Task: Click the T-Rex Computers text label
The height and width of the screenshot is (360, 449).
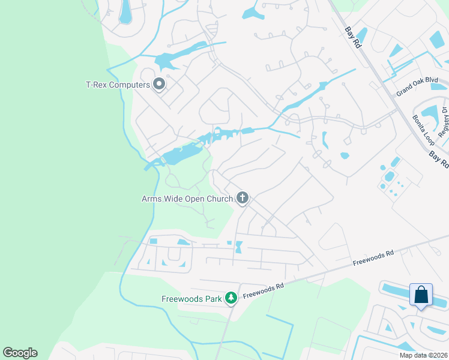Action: click(x=118, y=85)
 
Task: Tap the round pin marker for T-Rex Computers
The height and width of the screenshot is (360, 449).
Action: click(x=159, y=84)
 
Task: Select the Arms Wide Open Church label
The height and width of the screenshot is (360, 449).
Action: click(x=188, y=198)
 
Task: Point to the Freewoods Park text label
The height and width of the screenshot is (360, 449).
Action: click(x=191, y=298)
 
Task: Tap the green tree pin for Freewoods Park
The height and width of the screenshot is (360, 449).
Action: click(x=231, y=297)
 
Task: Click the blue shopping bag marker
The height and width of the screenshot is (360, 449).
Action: click(x=421, y=295)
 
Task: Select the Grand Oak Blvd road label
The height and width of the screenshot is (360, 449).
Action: click(x=417, y=87)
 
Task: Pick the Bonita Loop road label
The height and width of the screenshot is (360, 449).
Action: click(x=423, y=129)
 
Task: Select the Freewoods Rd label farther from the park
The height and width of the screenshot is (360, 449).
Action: click(x=373, y=258)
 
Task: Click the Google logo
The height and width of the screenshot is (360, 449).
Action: click(x=20, y=353)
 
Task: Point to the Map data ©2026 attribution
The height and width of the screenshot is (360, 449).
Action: click(x=423, y=355)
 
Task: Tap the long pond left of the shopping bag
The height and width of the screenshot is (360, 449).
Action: click(x=394, y=290)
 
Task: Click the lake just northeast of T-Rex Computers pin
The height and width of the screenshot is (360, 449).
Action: click(x=170, y=60)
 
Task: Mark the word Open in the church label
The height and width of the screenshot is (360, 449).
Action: click(x=203, y=198)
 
